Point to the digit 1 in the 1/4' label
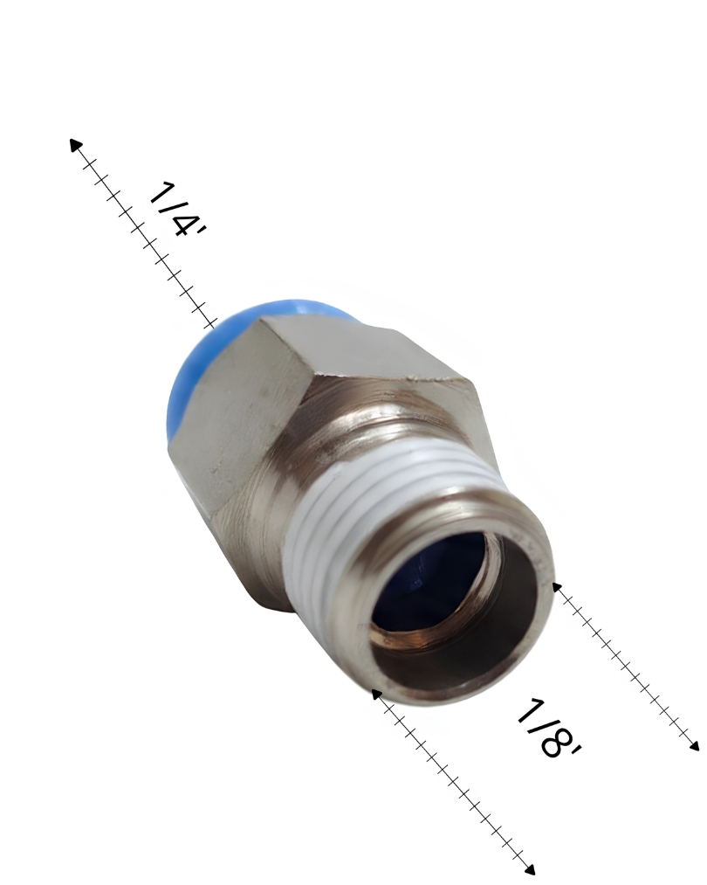160,192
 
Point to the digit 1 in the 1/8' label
527,710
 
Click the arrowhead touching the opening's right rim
556,588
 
